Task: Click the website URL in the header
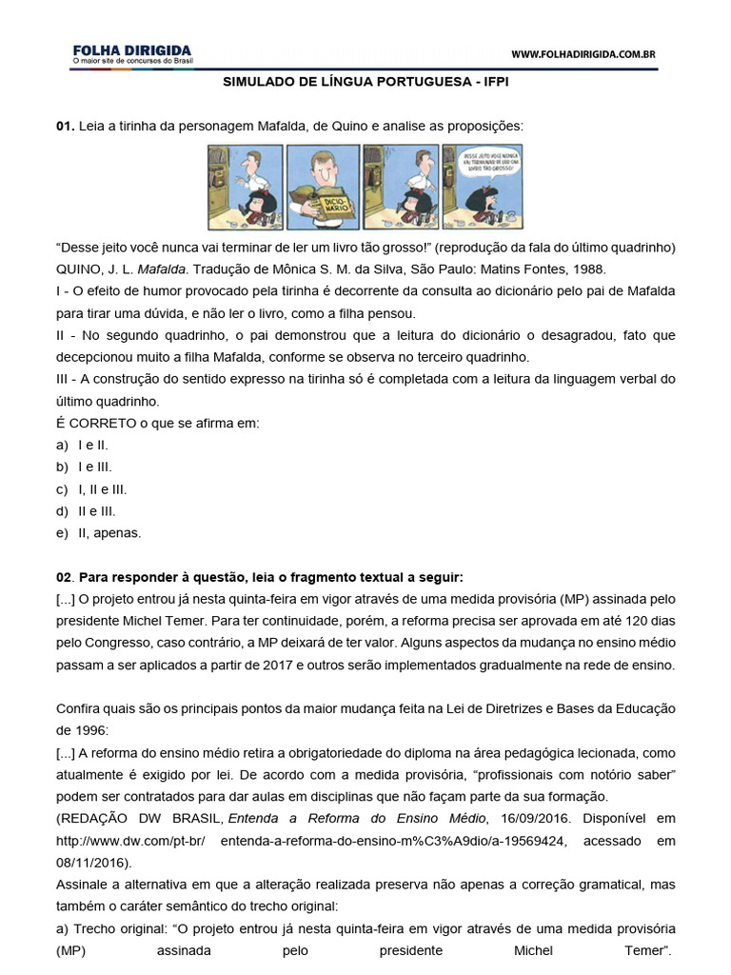(583, 55)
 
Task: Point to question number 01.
(64, 126)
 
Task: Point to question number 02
(64, 577)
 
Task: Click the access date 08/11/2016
(89, 863)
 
